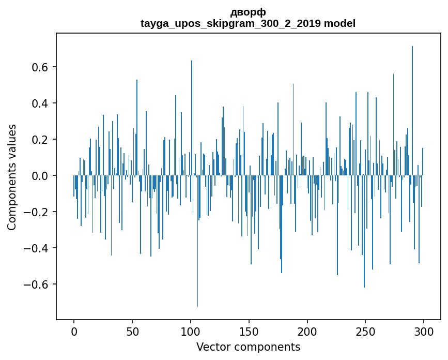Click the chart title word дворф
point(248,12)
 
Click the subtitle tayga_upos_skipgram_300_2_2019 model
point(248,24)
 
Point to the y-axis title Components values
point(12,177)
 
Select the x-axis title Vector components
point(248,347)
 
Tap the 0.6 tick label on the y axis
point(40,67)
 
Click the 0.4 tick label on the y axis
point(40,103)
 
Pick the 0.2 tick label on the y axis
point(40,140)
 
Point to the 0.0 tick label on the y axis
point(40,176)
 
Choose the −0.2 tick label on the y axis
point(38,212)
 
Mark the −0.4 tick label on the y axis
point(38,248)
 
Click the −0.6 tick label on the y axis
point(38,284)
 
